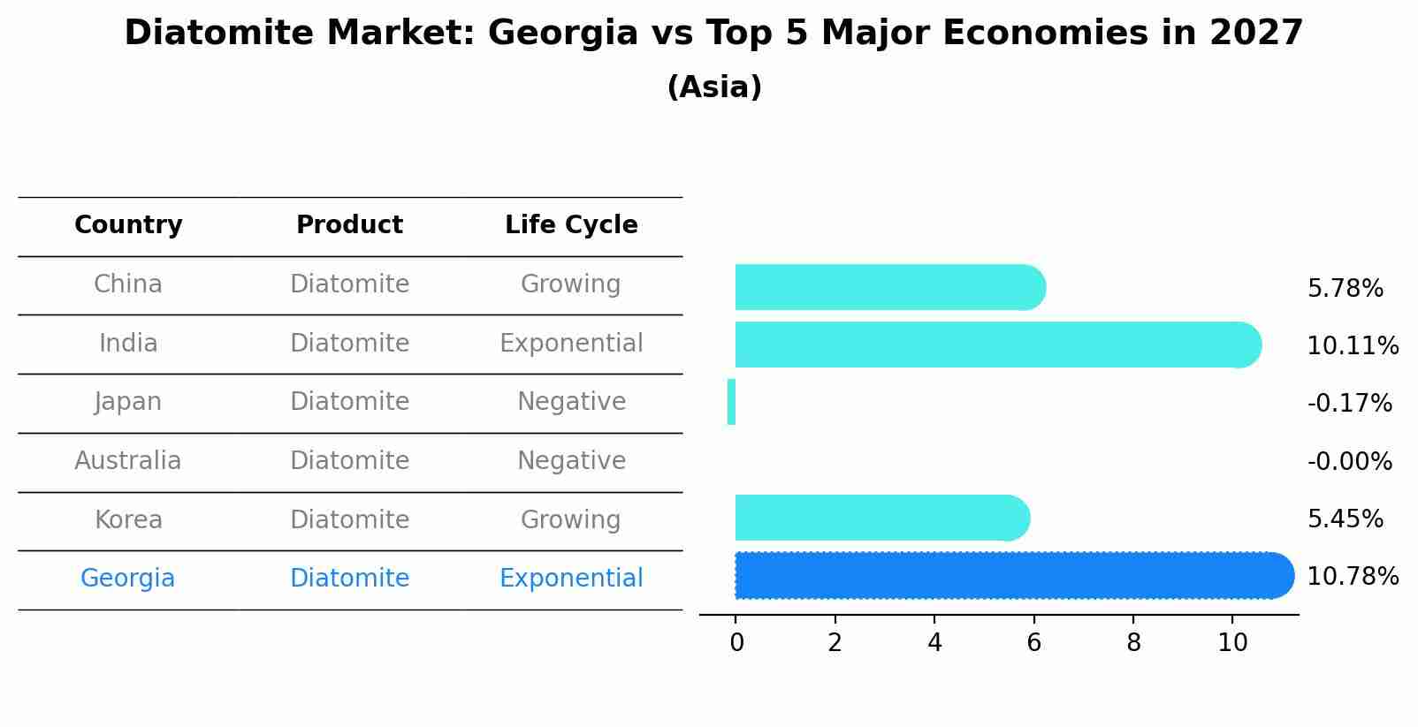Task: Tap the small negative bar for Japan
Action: click(x=731, y=402)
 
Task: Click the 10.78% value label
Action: click(x=1352, y=577)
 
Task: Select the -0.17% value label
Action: click(x=1349, y=404)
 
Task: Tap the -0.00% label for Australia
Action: click(x=1349, y=462)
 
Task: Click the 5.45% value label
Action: click(x=1345, y=519)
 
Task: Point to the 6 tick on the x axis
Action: click(x=1033, y=643)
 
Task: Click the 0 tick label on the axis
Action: click(x=736, y=643)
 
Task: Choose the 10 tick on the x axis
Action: click(x=1232, y=643)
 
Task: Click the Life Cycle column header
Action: click(x=571, y=225)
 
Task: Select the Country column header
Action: click(x=128, y=225)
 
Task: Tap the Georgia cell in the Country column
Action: click(x=128, y=579)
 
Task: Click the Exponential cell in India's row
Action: click(x=571, y=344)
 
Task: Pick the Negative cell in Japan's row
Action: click(x=571, y=402)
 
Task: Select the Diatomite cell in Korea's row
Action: click(x=349, y=520)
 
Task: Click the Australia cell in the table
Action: click(x=128, y=461)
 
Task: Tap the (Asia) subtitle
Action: click(x=714, y=87)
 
